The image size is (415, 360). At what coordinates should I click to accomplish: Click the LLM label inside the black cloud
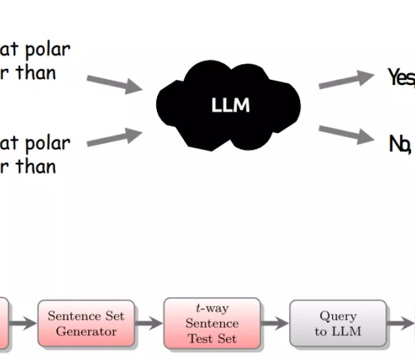point(230,104)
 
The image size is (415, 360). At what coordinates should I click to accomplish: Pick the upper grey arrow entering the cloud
point(114,83)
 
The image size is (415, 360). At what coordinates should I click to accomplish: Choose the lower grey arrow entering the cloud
point(114,138)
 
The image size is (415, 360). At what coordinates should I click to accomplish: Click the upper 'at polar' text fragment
point(35,49)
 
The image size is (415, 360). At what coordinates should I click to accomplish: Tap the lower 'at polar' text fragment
point(35,143)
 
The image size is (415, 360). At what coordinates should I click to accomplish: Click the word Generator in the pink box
point(86,331)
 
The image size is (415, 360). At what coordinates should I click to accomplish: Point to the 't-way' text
point(212,309)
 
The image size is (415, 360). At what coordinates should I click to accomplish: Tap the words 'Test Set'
point(212,338)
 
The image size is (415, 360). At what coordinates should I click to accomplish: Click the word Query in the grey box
point(338,316)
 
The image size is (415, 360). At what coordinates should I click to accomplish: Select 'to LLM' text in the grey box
point(338,331)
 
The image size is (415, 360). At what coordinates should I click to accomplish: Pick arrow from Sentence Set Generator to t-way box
point(149,324)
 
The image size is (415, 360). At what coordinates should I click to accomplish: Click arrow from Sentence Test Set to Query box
point(275,324)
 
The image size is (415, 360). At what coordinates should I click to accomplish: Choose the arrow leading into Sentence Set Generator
point(23,324)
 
